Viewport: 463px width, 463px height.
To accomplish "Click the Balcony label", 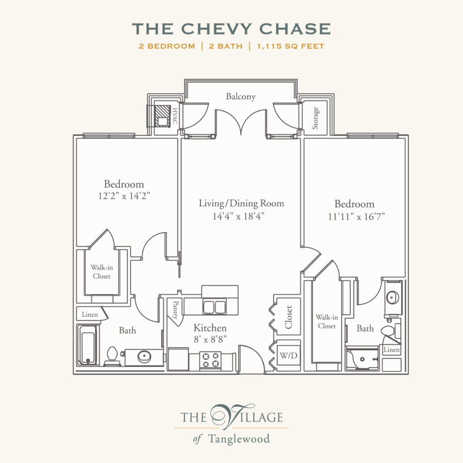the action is point(241,97).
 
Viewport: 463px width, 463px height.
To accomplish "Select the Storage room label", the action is point(315,118).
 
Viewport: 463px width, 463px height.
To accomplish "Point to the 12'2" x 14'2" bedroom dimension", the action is point(124,196).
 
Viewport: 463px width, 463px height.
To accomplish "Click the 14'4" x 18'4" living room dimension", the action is point(238,216).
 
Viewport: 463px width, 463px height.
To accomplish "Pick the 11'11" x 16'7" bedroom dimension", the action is point(357,217).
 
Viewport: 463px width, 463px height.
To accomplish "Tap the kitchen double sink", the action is point(215,307).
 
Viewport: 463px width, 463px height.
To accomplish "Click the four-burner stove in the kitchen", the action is point(210,360).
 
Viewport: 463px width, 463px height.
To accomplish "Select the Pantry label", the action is point(175,310).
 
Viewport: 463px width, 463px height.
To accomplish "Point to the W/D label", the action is point(288,355).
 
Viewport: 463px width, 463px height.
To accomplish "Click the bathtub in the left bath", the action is point(87,345).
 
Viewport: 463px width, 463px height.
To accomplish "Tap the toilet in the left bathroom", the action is point(112,356).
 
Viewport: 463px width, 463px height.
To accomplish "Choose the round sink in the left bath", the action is point(145,357).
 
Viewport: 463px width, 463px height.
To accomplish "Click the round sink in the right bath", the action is point(393,297).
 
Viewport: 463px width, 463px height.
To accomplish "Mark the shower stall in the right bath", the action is point(362,359).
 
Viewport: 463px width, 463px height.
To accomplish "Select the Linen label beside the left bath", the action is point(90,314).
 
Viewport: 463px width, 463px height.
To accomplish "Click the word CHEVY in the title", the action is point(216,29).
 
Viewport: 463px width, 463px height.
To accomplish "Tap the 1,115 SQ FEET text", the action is point(291,46).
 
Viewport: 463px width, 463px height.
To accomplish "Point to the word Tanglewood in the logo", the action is point(239,439).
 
